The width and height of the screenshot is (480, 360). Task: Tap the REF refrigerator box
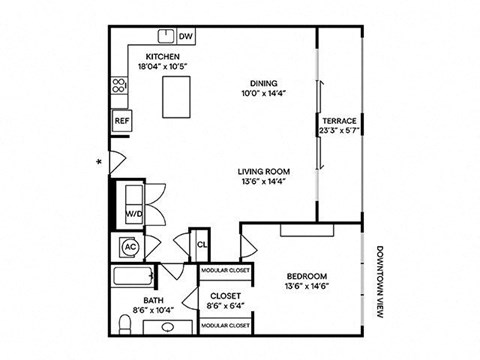coord(122,120)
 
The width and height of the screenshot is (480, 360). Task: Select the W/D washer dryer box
coord(132,214)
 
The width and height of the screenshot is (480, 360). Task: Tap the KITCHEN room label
coord(161,56)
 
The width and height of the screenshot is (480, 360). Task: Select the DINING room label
coord(264,83)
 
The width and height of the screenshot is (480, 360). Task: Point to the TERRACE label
coord(339,120)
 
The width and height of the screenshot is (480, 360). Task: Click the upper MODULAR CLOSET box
coord(225,270)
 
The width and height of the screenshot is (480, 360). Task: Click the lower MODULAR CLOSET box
coord(225,326)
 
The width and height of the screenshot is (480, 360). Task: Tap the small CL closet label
coord(201,244)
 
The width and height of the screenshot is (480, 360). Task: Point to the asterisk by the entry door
coord(98,160)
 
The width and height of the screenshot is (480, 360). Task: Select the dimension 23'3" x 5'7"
coord(339,130)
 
